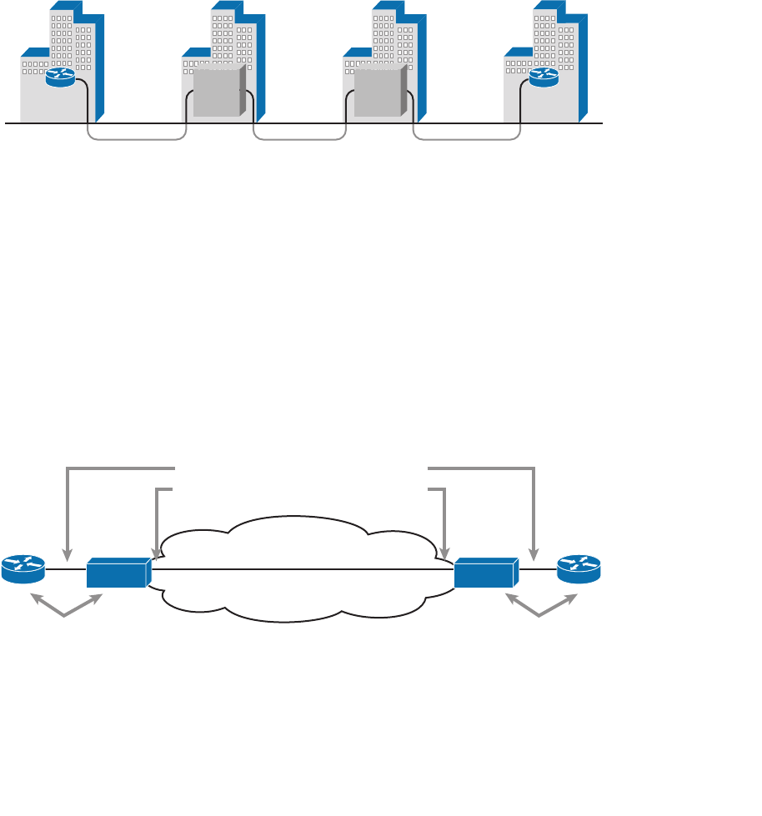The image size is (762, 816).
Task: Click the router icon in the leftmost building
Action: pyautogui.click(x=60, y=77)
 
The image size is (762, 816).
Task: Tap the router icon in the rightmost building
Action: pyautogui.click(x=544, y=77)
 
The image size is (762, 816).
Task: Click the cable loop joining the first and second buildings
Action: pyautogui.click(x=137, y=138)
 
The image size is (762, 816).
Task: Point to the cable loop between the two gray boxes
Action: pyautogui.click(x=299, y=138)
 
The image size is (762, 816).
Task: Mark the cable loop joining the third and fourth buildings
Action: pyautogui.click(x=467, y=138)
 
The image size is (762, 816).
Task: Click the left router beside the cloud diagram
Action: pyautogui.click(x=23, y=568)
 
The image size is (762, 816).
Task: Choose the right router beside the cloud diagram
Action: pyautogui.click(x=579, y=568)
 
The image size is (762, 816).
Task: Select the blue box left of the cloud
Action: pyautogui.click(x=118, y=573)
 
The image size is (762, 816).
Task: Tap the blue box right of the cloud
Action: pyautogui.click(x=486, y=573)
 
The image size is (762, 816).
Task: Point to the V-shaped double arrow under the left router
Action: pyautogui.click(x=65, y=608)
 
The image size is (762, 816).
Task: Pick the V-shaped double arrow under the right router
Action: pyautogui.click(x=540, y=608)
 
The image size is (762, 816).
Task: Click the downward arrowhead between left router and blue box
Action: pyautogui.click(x=68, y=555)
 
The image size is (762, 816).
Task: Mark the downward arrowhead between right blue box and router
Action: pyautogui.click(x=534, y=555)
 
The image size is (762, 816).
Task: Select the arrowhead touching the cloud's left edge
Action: pyautogui.click(x=157, y=553)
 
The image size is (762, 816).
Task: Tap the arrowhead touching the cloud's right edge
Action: pyautogui.click(x=445, y=553)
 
